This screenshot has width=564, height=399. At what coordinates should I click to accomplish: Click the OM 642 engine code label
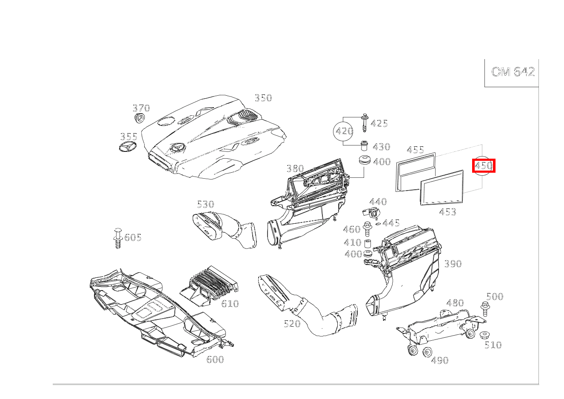(513, 72)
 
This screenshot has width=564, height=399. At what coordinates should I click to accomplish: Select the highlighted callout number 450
(484, 165)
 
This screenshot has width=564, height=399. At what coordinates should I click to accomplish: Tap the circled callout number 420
(344, 131)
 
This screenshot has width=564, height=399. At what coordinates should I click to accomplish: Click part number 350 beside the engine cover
(263, 98)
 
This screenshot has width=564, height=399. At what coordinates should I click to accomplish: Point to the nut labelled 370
(139, 118)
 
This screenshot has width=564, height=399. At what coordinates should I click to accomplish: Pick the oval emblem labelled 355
(128, 146)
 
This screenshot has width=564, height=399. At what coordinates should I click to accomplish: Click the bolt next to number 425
(364, 123)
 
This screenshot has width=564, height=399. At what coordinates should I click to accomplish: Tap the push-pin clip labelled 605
(117, 238)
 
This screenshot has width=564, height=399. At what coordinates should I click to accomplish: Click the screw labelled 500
(485, 309)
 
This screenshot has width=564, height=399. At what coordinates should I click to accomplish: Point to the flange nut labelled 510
(484, 335)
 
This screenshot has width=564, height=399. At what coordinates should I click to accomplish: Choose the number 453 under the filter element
(447, 212)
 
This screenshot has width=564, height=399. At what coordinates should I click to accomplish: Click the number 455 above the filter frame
(415, 150)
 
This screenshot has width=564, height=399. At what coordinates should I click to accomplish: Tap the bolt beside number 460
(367, 229)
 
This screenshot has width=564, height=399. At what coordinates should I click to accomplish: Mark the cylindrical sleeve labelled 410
(368, 244)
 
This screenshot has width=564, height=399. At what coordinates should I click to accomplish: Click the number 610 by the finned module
(230, 304)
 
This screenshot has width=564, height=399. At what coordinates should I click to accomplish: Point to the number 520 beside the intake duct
(292, 323)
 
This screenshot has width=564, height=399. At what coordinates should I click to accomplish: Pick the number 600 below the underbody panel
(215, 359)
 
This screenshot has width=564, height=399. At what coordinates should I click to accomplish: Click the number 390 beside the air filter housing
(453, 264)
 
